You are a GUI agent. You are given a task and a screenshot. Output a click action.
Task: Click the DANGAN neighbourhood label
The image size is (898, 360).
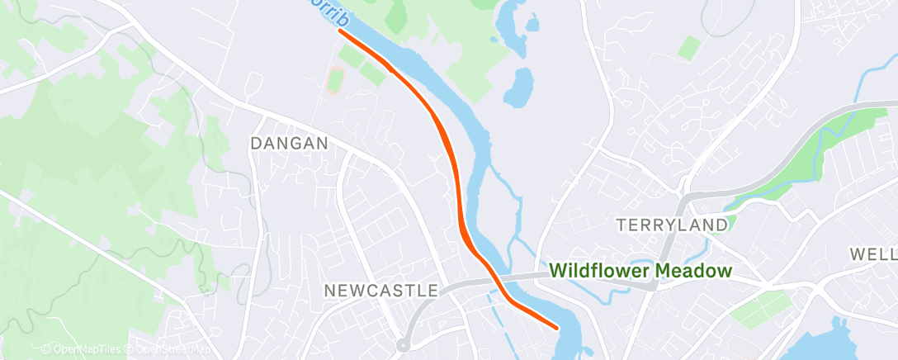(x=289, y=143)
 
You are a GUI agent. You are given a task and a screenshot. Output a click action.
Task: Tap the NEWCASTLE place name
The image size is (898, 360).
(x=380, y=291)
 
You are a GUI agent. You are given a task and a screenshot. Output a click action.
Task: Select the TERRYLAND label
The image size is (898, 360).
(x=673, y=225)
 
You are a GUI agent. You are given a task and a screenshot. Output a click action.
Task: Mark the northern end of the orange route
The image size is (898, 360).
(x=340, y=31)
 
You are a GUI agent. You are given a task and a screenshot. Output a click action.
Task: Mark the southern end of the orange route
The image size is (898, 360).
(x=558, y=327)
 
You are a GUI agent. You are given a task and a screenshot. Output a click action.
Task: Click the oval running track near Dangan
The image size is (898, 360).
(x=334, y=80)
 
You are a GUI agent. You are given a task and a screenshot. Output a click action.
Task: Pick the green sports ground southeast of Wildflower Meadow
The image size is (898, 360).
(x=756, y=310)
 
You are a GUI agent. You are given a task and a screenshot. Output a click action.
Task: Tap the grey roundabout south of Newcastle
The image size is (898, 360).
(x=404, y=345)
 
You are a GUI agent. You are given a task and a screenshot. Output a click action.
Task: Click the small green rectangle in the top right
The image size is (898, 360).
(x=690, y=48)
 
